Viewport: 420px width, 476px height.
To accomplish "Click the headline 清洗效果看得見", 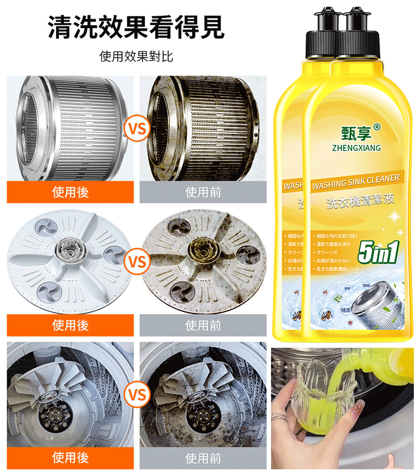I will pyautogui.click(x=136, y=26).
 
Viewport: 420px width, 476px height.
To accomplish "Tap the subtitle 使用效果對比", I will pyautogui.click(x=136, y=57).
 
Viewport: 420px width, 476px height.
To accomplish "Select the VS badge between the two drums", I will pyautogui.click(x=137, y=130).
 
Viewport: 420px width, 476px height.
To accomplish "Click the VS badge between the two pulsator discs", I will pyautogui.click(x=137, y=262).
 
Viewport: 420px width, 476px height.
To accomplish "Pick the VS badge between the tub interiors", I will pyautogui.click(x=137, y=395).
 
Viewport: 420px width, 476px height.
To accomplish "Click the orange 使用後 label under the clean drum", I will pyautogui.click(x=71, y=192).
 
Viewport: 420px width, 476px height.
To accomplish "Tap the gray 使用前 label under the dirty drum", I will pyautogui.click(x=203, y=192).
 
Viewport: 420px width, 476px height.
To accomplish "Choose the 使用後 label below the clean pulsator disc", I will pyautogui.click(x=71, y=325).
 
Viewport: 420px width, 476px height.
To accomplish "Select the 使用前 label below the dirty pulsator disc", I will pyautogui.click(x=203, y=325).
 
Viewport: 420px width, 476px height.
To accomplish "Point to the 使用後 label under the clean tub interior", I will pyautogui.click(x=71, y=458).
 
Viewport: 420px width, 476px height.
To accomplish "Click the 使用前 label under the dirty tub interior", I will pyautogui.click(x=203, y=458).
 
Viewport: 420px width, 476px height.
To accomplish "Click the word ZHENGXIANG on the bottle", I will pyautogui.click(x=356, y=148).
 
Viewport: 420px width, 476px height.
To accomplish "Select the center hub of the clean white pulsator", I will pyautogui.click(x=69, y=248).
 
